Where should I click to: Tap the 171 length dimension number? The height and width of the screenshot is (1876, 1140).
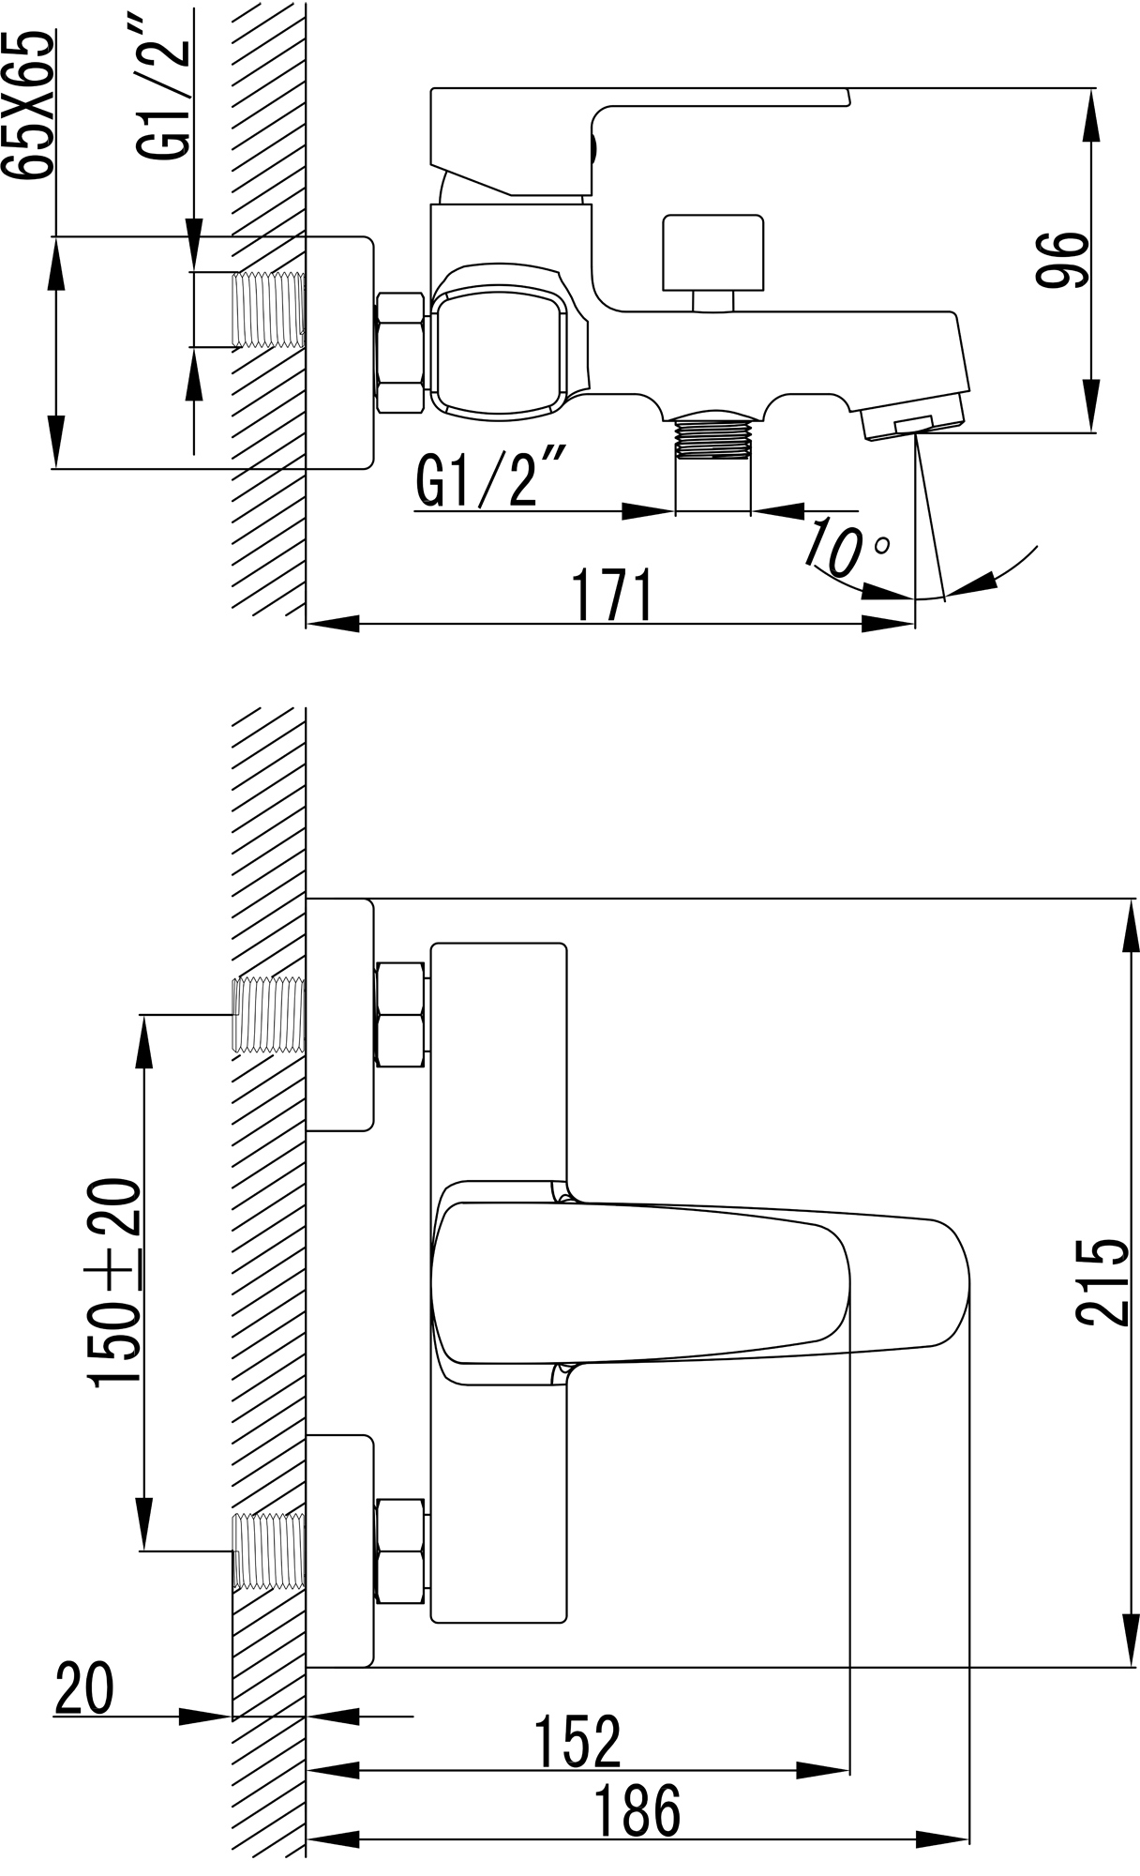(613, 596)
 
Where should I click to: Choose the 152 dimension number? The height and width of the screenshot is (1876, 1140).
(577, 1742)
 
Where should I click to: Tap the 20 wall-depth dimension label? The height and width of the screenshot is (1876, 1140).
(84, 1687)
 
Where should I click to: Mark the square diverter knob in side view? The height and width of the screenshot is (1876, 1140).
(712, 252)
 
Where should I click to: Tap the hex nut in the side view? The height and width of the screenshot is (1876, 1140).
(400, 353)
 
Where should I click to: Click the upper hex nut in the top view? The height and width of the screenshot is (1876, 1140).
(400, 1014)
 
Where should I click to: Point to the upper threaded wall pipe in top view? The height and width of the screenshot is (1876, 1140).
(268, 1014)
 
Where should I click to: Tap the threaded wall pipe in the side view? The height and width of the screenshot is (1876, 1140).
(268, 310)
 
